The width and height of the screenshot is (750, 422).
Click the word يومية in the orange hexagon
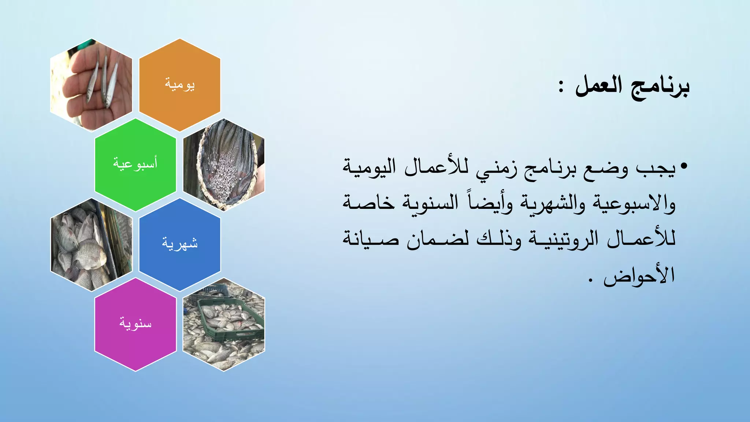(x=179, y=85)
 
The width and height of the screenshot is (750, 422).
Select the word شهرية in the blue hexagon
(x=180, y=244)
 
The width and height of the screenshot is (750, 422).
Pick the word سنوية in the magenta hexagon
(x=135, y=323)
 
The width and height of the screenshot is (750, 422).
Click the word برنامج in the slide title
(x=660, y=87)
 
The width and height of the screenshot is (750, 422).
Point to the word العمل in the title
(x=599, y=86)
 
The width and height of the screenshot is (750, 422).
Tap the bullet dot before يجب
(x=684, y=167)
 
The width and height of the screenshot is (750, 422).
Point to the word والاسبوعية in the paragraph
(x=634, y=204)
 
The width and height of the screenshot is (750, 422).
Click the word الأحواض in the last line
(x=639, y=275)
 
